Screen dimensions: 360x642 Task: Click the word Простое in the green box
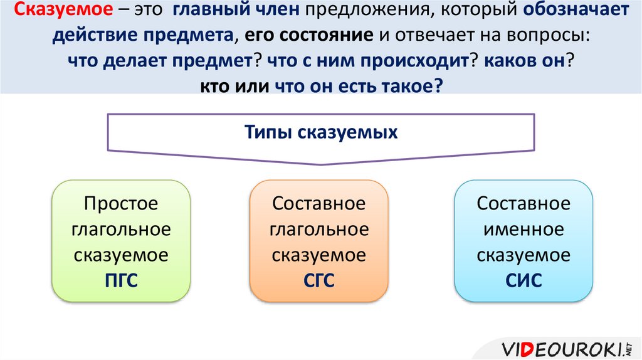[x=121, y=204]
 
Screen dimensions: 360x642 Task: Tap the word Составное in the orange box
[x=319, y=204]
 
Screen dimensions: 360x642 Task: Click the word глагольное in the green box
[x=121, y=230]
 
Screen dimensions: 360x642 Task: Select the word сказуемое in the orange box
[x=319, y=255]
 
